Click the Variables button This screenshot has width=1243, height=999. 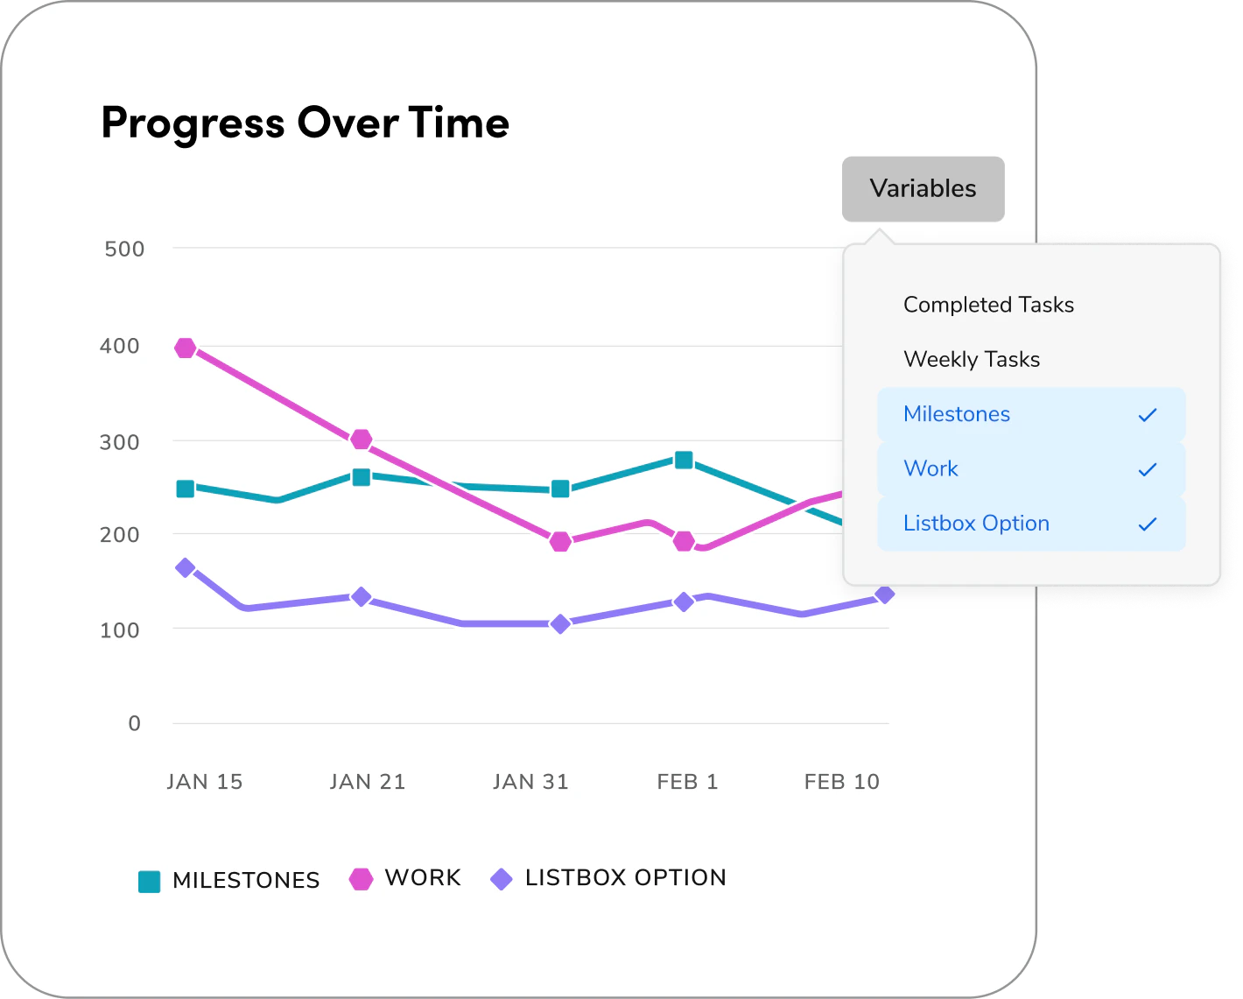tap(923, 189)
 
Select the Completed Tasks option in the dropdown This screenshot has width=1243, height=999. tap(988, 305)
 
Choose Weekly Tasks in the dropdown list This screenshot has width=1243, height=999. tap(972, 359)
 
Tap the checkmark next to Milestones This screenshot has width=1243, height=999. tap(1147, 415)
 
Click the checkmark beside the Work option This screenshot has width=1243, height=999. tap(1147, 469)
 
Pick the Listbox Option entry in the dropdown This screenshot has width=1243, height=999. tap(976, 524)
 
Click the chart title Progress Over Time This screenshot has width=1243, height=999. tap(305, 123)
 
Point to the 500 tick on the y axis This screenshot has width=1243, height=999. tap(124, 250)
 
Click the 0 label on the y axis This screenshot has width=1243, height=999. tap(134, 724)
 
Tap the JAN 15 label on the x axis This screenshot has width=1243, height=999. tap(205, 782)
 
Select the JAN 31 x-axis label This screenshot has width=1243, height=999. tap(530, 782)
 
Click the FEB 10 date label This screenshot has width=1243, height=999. tap(841, 782)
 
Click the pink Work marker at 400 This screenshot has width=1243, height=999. tap(185, 348)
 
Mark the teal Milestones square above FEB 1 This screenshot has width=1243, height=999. tap(684, 461)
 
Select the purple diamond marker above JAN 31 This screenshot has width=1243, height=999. tap(560, 624)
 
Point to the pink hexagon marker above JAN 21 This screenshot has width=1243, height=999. tap(361, 440)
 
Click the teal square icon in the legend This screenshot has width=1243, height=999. tap(150, 882)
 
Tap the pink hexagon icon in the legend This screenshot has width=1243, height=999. tap(361, 879)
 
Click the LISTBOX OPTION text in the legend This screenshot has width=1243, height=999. tap(625, 878)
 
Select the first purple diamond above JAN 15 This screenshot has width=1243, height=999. tap(185, 568)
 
